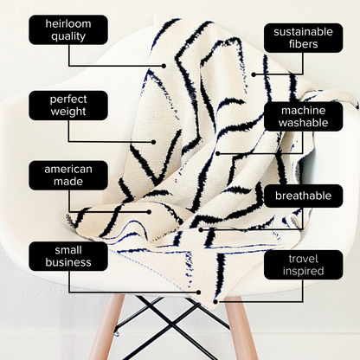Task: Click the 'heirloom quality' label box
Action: pos(68,30)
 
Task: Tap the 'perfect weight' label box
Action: pos(68,106)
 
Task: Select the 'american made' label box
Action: pos(68,176)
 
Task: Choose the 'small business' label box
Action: pos(68,256)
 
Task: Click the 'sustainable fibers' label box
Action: pos(304,38)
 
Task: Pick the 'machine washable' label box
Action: pos(304,117)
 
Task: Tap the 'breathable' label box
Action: pos(304,196)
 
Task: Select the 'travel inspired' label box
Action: pos(304,265)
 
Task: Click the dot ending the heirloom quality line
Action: pos(164,66)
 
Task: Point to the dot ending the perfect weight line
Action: pos(153,142)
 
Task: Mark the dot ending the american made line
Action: pos(149,212)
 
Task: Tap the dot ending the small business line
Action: pos(198,292)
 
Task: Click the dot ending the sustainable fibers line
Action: pos(254,74)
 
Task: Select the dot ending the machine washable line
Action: pos(218,153)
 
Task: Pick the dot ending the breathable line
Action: pos(201,229)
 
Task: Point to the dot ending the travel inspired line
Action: pos(215,302)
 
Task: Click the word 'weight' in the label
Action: pos(68,112)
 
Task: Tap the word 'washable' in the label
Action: pos(304,123)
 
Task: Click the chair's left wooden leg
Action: pos(106,327)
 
